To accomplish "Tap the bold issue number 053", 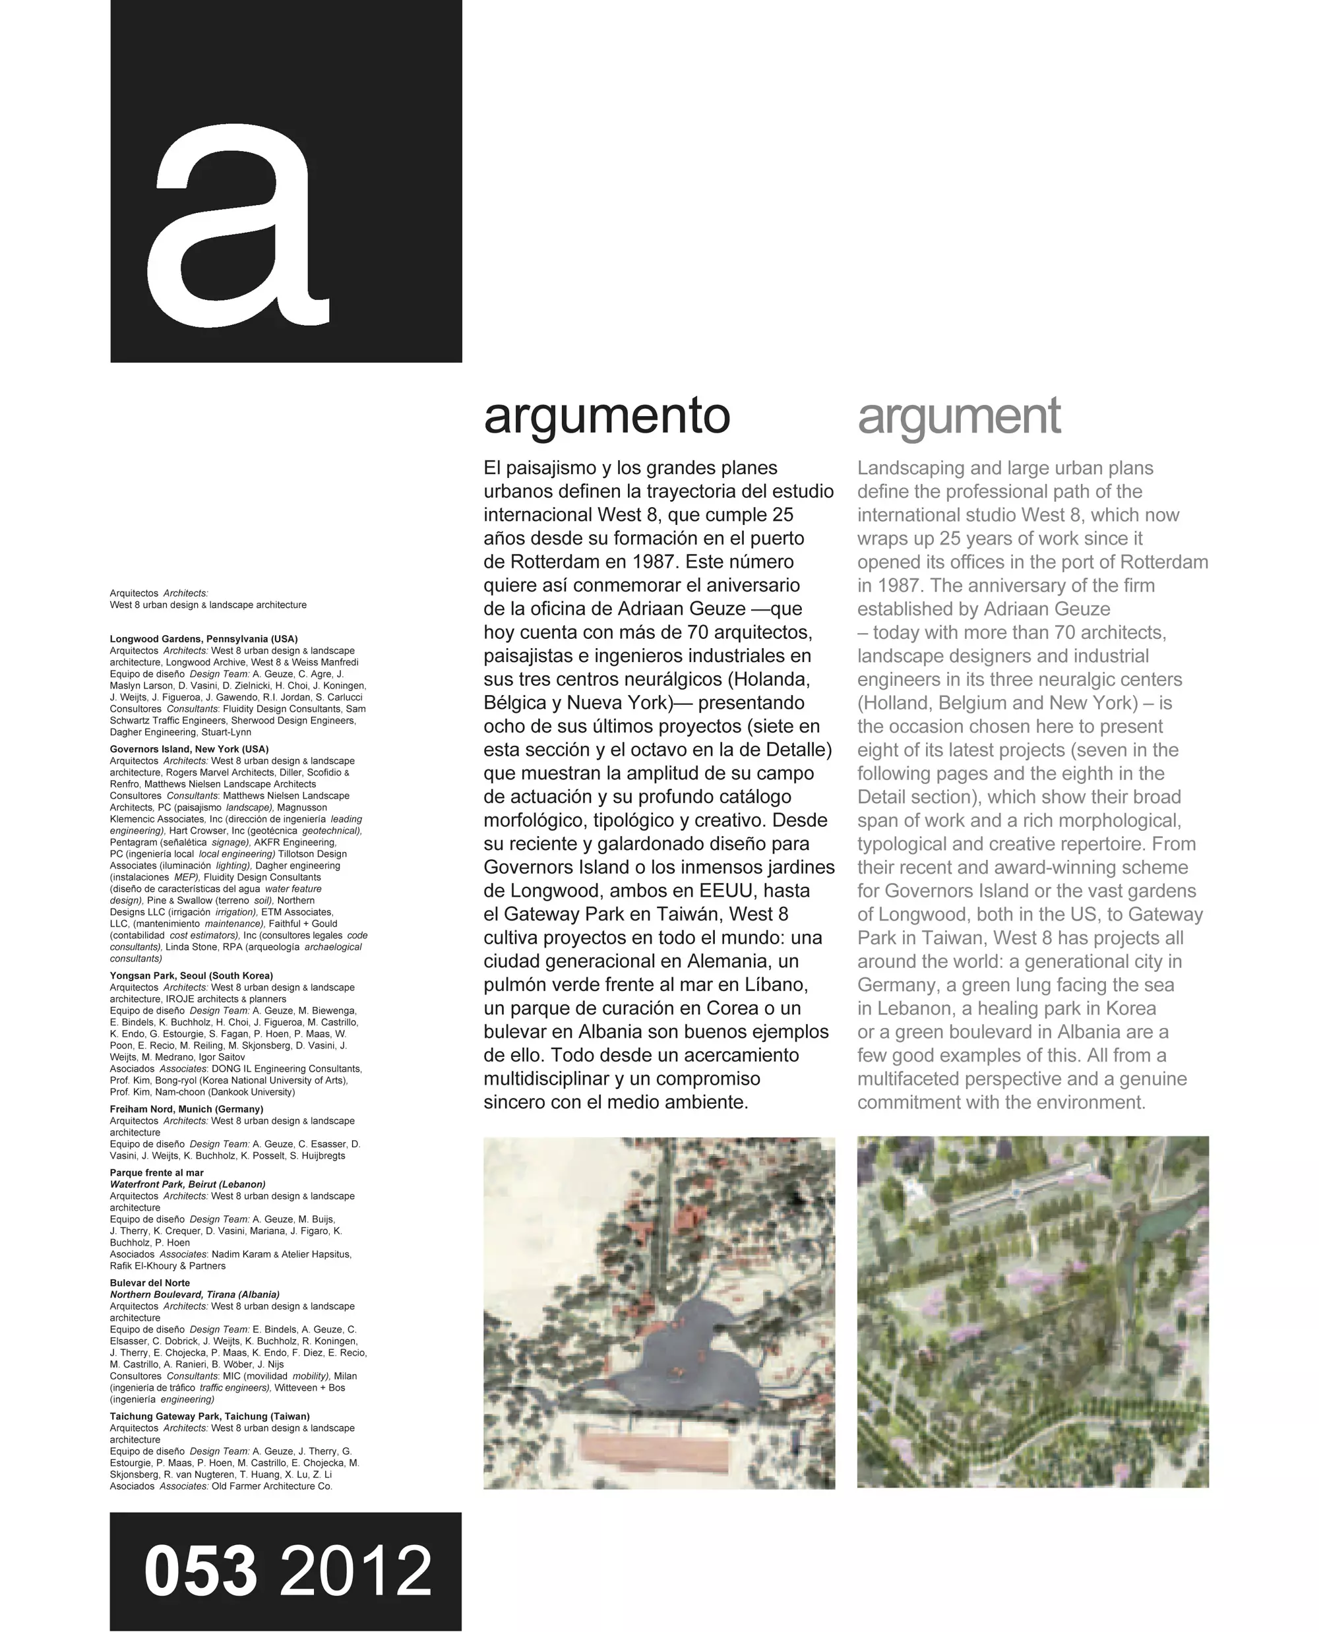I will pyautogui.click(x=200, y=1571).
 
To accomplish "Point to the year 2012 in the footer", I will pyautogui.click(x=355, y=1571).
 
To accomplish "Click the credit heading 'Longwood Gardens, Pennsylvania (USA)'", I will pyautogui.click(x=204, y=639).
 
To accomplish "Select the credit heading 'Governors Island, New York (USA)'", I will pyautogui.click(x=189, y=749).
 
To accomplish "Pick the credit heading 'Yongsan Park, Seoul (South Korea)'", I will pyautogui.click(x=191, y=975).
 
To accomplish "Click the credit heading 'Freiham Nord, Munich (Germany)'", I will pyautogui.click(x=186, y=1109).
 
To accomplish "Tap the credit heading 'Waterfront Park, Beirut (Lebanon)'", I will pyautogui.click(x=188, y=1184).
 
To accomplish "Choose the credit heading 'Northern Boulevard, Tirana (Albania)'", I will pyautogui.click(x=195, y=1294).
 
